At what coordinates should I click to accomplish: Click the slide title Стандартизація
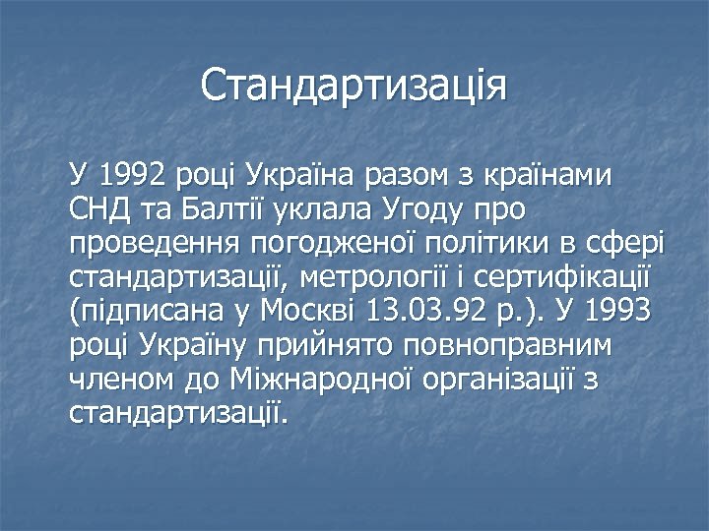(354, 86)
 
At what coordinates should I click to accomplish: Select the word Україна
(300, 177)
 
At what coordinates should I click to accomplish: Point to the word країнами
(549, 177)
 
